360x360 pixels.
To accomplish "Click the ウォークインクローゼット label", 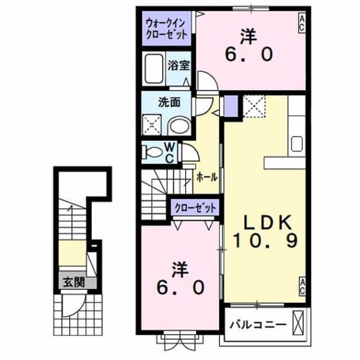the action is [x=166, y=29].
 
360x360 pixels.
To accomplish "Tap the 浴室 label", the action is [x=179, y=65].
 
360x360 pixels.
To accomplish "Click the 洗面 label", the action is [x=169, y=102].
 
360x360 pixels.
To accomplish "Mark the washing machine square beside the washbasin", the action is [x=152, y=125].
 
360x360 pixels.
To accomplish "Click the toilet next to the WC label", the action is [x=152, y=152].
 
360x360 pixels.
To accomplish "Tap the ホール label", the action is [x=207, y=177].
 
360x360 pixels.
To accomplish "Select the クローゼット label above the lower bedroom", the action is [x=195, y=208].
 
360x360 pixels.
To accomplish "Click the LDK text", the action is [x=268, y=222].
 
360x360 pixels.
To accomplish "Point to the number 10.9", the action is [x=265, y=240].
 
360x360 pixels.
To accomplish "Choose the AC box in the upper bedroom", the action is [x=302, y=24].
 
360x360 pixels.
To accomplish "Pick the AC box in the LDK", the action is [x=302, y=286].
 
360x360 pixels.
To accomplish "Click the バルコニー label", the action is [x=259, y=325].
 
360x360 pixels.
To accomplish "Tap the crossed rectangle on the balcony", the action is [x=298, y=323].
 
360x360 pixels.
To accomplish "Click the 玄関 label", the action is [x=74, y=282].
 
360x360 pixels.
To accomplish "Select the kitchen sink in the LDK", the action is [x=296, y=144].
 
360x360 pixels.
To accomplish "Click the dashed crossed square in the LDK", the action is [x=254, y=106].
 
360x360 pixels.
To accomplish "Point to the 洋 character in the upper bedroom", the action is [x=249, y=37].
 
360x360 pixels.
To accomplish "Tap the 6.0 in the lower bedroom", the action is [x=180, y=287].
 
